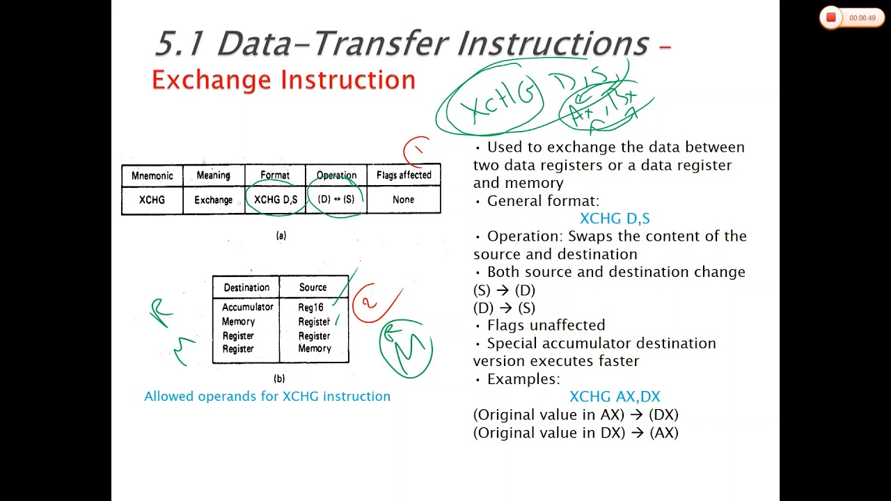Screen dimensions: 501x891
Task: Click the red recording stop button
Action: pyautogui.click(x=830, y=18)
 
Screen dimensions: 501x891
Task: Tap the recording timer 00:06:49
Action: pyautogui.click(x=862, y=18)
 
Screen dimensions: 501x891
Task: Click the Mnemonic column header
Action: pyautogui.click(x=152, y=175)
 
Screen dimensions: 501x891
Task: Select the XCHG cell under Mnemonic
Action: pyautogui.click(x=152, y=200)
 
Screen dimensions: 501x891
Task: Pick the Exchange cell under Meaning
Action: pyautogui.click(x=213, y=200)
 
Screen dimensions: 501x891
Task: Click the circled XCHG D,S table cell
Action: pyautogui.click(x=276, y=200)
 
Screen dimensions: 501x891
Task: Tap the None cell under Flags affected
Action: pyautogui.click(x=403, y=200)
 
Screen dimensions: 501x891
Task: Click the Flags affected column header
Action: pyautogui.click(x=404, y=175)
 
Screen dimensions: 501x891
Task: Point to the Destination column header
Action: pyautogui.click(x=246, y=287)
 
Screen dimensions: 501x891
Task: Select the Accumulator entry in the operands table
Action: pyautogui.click(x=248, y=307)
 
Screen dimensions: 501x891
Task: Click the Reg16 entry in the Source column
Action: pyautogui.click(x=310, y=307)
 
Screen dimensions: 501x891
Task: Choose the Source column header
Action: pyautogui.click(x=313, y=287)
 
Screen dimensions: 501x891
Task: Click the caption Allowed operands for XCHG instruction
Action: pyautogui.click(x=267, y=397)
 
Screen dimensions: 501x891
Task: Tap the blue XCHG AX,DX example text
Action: pyautogui.click(x=615, y=397)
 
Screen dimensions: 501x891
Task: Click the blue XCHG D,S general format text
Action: pyautogui.click(x=615, y=218)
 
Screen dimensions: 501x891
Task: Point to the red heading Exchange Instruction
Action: pyautogui.click(x=283, y=80)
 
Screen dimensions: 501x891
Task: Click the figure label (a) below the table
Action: pyautogui.click(x=281, y=236)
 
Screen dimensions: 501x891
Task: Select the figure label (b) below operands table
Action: pyautogui.click(x=279, y=379)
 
